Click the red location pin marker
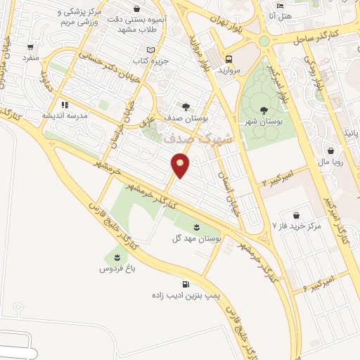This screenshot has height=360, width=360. coord(181,165)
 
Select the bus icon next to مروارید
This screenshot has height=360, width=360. coord(229,60)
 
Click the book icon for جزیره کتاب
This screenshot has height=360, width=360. coord(150,49)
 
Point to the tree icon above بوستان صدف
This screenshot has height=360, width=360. coord(186,107)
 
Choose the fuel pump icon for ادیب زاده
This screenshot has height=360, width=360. coord(186,285)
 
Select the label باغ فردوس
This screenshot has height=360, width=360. coord(112,269)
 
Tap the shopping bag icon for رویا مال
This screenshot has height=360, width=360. coord(331,150)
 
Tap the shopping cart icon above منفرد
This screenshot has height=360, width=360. coord(30,47)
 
